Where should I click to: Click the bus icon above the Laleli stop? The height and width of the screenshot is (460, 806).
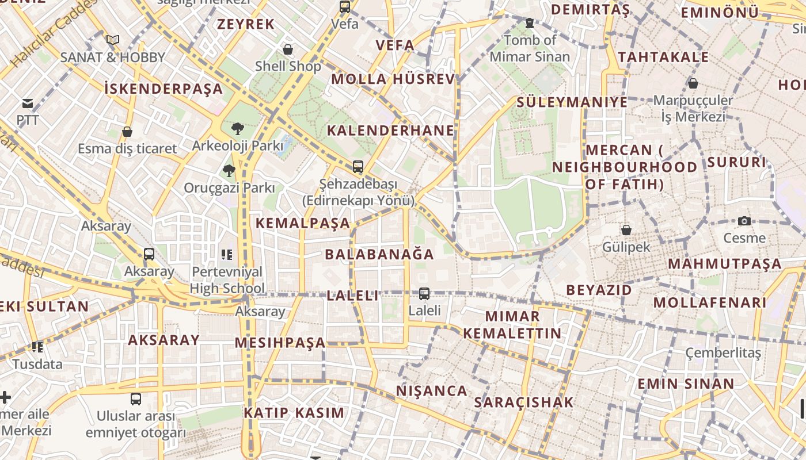424,293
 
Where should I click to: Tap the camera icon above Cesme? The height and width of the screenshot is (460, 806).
744,221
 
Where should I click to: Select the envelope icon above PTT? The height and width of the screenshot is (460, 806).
28,103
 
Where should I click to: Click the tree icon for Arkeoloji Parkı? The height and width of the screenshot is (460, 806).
237,129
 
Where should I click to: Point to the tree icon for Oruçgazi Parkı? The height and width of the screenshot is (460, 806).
229,171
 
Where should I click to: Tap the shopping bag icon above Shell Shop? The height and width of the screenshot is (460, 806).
288,49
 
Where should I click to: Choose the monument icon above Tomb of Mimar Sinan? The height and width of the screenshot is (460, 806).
530,24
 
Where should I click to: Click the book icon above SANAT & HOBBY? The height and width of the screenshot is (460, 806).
113,40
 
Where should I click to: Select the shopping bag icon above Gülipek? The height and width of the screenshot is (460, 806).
626,230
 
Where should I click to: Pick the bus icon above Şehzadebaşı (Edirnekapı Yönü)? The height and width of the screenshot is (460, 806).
358,167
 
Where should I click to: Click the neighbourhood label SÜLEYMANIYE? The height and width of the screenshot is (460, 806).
572,102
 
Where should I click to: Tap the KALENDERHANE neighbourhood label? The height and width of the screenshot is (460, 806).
390,131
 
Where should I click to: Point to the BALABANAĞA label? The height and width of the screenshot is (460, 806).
379,254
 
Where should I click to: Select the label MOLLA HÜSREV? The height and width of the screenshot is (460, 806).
393,79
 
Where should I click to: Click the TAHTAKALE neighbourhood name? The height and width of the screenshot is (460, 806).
663,57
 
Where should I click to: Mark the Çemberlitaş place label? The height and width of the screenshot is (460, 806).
723,352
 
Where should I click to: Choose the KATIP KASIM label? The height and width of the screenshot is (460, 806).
294,413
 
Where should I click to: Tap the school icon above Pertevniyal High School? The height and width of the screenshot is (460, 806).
227,254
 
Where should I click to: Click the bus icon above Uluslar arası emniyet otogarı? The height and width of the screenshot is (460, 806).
136,398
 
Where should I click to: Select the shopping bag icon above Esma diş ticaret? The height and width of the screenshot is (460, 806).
127,132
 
